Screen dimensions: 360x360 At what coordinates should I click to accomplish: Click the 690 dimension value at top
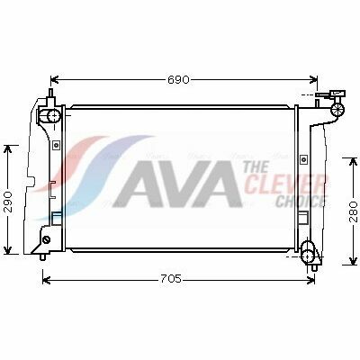click(178, 80)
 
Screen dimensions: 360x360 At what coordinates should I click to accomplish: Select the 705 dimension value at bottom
click(171, 279)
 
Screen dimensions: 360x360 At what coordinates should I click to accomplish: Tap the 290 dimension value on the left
click(8, 202)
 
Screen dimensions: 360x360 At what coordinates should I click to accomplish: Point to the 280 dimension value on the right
click(353, 211)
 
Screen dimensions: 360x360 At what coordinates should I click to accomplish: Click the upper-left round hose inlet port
click(54, 115)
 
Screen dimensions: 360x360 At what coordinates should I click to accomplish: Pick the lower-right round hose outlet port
click(308, 256)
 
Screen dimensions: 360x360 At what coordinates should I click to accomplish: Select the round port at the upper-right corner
click(337, 110)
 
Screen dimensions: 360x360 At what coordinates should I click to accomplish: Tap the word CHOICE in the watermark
click(301, 201)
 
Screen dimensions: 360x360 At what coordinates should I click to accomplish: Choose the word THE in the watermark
click(256, 167)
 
